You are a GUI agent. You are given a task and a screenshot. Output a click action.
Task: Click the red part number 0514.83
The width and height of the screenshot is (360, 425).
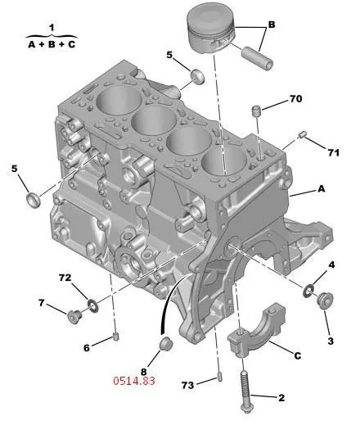(134, 381)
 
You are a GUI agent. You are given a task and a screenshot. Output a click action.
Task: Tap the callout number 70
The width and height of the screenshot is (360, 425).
(295, 98)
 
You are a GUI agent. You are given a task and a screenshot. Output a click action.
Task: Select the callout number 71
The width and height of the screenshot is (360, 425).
(334, 153)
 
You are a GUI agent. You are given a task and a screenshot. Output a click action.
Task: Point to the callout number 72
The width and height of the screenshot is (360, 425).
(65, 278)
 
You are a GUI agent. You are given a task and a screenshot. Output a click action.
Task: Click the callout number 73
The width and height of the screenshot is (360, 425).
(187, 385)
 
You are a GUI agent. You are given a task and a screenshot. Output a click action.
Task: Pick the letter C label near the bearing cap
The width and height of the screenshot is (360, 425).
(297, 355)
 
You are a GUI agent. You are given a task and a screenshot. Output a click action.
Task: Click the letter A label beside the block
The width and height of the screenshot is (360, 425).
(322, 188)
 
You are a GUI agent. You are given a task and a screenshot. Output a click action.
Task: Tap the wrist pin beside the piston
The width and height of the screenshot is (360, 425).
(258, 58)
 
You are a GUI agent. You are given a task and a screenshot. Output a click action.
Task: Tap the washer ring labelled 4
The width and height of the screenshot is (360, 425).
(308, 291)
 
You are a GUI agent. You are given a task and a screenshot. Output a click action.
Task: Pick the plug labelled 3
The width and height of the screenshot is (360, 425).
(325, 301)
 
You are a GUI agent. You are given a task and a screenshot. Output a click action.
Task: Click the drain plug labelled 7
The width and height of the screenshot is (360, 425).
(74, 317)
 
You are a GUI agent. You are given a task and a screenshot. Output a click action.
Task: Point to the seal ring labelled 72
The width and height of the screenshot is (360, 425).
(92, 305)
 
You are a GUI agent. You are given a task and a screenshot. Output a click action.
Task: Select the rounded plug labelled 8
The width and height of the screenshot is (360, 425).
(165, 344)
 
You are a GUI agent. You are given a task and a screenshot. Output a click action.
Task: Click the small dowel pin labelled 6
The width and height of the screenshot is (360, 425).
(116, 337)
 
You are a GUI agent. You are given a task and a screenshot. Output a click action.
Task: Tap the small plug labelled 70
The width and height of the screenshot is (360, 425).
(256, 111)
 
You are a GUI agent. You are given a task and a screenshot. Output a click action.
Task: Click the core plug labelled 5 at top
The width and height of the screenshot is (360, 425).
(197, 77)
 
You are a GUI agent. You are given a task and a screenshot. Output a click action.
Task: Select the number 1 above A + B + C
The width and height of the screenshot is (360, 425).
(52, 28)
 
